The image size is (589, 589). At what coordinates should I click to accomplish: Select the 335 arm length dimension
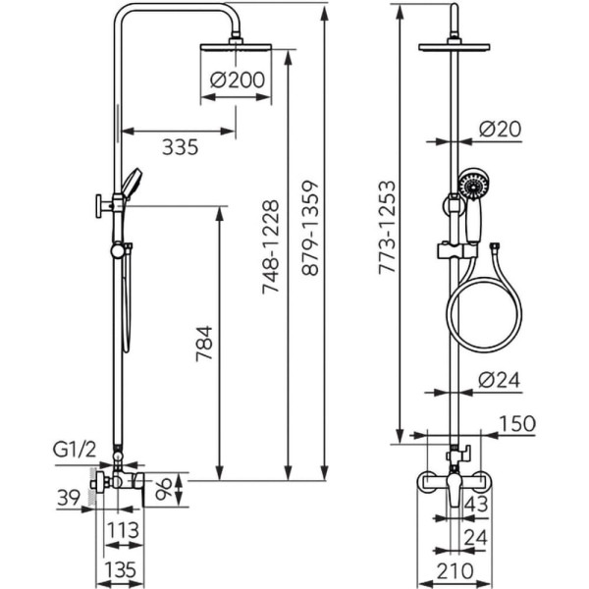click(x=180, y=147)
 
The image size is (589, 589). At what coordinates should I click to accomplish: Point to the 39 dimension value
click(x=67, y=499)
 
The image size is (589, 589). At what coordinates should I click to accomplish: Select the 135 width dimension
click(x=120, y=570)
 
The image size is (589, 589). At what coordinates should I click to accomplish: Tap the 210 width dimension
click(x=454, y=570)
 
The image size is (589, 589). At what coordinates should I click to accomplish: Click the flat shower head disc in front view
click(x=458, y=46)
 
